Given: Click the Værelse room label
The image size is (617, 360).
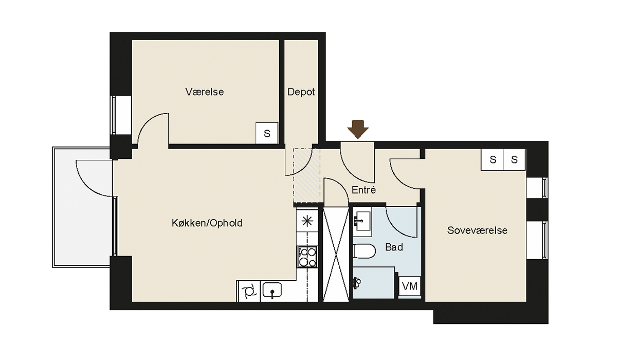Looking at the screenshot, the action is click(x=205, y=92).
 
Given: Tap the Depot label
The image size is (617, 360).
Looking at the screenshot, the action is click(x=301, y=92).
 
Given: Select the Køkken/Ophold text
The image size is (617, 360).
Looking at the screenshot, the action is click(x=207, y=223).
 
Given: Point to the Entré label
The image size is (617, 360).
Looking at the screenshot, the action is click(x=364, y=190).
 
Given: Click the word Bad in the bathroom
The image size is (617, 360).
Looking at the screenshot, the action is click(x=394, y=247).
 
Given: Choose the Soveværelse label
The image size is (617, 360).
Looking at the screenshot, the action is click(x=477, y=230).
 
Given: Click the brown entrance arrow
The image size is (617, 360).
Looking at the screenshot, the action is click(x=358, y=129).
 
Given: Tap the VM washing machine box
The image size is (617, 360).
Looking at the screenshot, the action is click(x=410, y=286).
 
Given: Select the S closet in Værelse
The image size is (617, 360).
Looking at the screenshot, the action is click(x=267, y=133).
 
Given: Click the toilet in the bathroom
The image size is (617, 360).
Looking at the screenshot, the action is click(x=364, y=251).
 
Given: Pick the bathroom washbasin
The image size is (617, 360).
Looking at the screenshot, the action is click(x=362, y=221).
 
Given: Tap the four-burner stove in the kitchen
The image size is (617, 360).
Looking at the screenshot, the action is click(x=307, y=257).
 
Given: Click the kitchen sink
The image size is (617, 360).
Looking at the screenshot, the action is click(x=272, y=291).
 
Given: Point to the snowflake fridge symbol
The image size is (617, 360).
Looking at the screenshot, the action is click(x=307, y=221).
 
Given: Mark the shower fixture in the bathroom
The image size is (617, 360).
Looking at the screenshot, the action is click(x=356, y=283).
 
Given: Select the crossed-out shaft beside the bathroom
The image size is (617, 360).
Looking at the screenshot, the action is click(x=336, y=254).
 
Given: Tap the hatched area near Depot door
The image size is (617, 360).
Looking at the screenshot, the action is click(x=307, y=175).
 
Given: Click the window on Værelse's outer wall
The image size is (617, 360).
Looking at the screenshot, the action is click(x=121, y=115).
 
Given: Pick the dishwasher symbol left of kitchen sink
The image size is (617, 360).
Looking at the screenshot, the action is click(x=249, y=291).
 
